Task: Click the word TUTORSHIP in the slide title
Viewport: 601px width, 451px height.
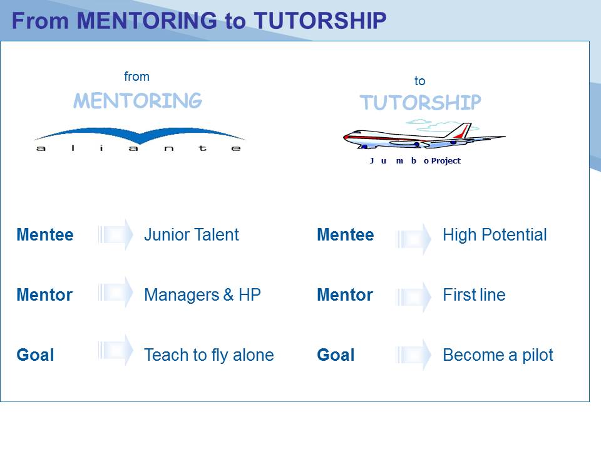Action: pos(320,20)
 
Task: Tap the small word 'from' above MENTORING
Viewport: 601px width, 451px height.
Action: pos(136,76)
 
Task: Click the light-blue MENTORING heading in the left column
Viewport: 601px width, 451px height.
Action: pos(138,100)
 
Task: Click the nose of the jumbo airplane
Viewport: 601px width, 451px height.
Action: pos(346,137)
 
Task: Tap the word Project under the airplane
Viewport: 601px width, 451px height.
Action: pos(446,161)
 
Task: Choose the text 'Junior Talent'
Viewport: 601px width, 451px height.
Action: pos(192,235)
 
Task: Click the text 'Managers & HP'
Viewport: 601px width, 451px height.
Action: pos(202,295)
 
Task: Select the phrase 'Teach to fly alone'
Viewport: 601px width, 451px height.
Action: pos(209,355)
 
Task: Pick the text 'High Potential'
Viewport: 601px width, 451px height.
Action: pos(495,235)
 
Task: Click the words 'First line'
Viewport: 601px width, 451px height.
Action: pos(474,295)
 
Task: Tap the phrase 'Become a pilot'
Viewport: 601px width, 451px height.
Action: pos(498,355)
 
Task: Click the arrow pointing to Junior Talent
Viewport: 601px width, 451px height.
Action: pos(115,234)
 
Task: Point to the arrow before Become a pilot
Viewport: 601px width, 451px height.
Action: pos(413,355)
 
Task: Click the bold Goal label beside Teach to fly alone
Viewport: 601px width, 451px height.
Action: pos(35,355)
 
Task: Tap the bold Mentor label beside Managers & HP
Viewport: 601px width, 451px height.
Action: pos(44,295)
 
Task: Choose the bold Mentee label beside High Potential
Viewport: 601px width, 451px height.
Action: pos(346,235)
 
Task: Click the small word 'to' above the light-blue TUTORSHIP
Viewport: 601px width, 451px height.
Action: pos(419,81)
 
